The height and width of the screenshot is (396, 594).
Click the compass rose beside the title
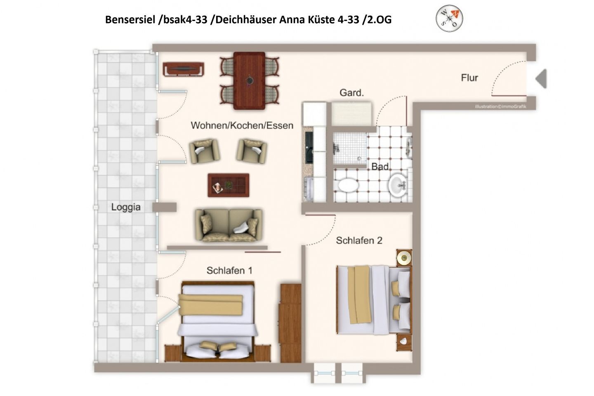click(x=449, y=19)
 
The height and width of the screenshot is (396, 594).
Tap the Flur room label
click(x=469, y=78)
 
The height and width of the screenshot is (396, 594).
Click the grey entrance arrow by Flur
click(x=541, y=78)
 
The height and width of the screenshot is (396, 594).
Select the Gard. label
click(x=351, y=93)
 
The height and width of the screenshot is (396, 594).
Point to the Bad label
click(x=380, y=167)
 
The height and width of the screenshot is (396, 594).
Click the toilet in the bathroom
click(x=346, y=185)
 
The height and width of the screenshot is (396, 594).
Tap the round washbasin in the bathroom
click(x=398, y=184)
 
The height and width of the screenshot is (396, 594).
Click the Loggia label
click(x=126, y=207)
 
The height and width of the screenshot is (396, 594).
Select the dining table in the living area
click(x=249, y=80)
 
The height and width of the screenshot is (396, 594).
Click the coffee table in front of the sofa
click(x=229, y=185)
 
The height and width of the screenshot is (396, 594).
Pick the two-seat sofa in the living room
click(x=229, y=225)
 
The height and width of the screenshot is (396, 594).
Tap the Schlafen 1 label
click(x=229, y=271)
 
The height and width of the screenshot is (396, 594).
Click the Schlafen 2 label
click(x=359, y=240)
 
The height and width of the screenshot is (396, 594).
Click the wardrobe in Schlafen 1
click(x=291, y=323)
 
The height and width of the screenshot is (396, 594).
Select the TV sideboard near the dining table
click(x=184, y=69)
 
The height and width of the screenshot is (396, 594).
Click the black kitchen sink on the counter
click(x=309, y=148)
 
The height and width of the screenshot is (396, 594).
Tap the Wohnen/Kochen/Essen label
click(x=242, y=125)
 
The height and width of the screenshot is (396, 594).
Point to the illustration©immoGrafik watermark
click(x=500, y=106)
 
